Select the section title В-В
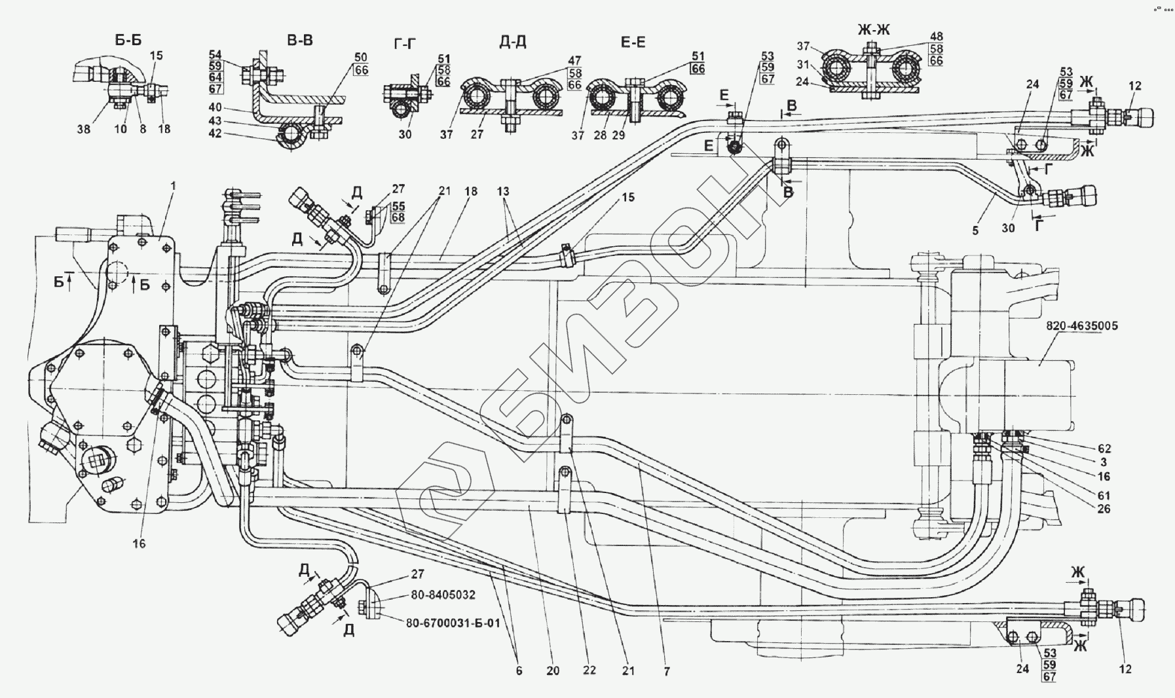pos(300,41)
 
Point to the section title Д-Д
pos(512,43)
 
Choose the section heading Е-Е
pos(633,43)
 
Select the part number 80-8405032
pos(443,596)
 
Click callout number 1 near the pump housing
pos(174,186)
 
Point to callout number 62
pos(1104,449)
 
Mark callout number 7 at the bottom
pos(667,671)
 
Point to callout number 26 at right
pos(1104,509)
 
